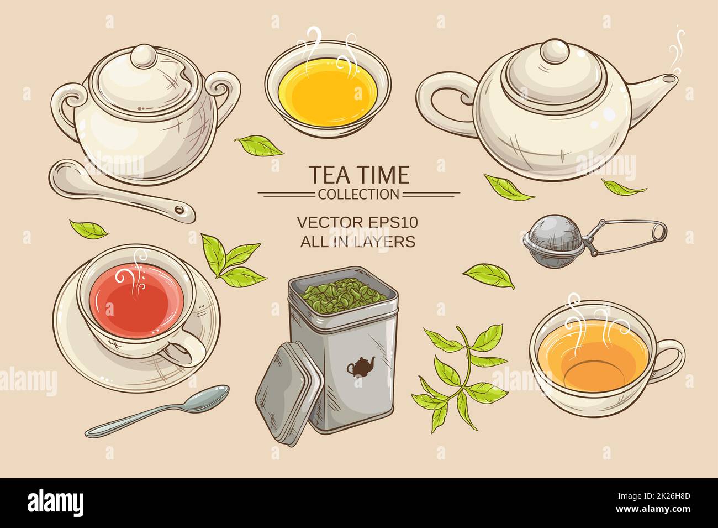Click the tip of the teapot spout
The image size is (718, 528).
(x=669, y=80)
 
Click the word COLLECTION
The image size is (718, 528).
(x=358, y=194)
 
